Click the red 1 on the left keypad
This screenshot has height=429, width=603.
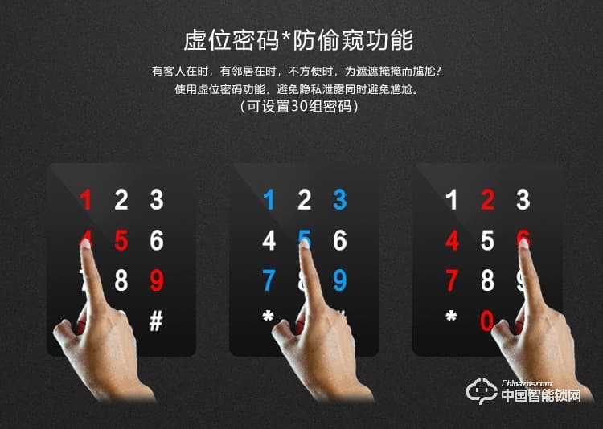tap(86, 199)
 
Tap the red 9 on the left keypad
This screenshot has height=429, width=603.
tap(156, 280)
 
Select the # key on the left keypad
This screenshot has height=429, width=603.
tap(156, 321)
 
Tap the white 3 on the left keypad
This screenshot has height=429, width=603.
tap(156, 199)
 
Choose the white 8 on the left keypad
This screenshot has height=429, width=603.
tap(121, 280)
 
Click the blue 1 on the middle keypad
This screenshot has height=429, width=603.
tap(269, 199)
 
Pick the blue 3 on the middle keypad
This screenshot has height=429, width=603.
tap(339, 199)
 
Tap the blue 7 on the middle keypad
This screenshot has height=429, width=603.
tap(269, 280)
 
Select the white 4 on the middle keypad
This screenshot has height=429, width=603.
tap(269, 240)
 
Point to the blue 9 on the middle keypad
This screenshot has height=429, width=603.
tap(339, 280)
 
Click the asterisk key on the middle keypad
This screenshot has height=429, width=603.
tap(268, 317)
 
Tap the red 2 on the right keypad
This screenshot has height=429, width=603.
tap(487, 199)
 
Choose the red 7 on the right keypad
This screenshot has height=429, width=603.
tap(452, 280)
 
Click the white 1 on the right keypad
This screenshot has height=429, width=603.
tap(452, 199)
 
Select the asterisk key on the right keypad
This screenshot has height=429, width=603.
tap(451, 317)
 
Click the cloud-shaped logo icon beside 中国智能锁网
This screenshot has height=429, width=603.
tap(482, 392)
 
